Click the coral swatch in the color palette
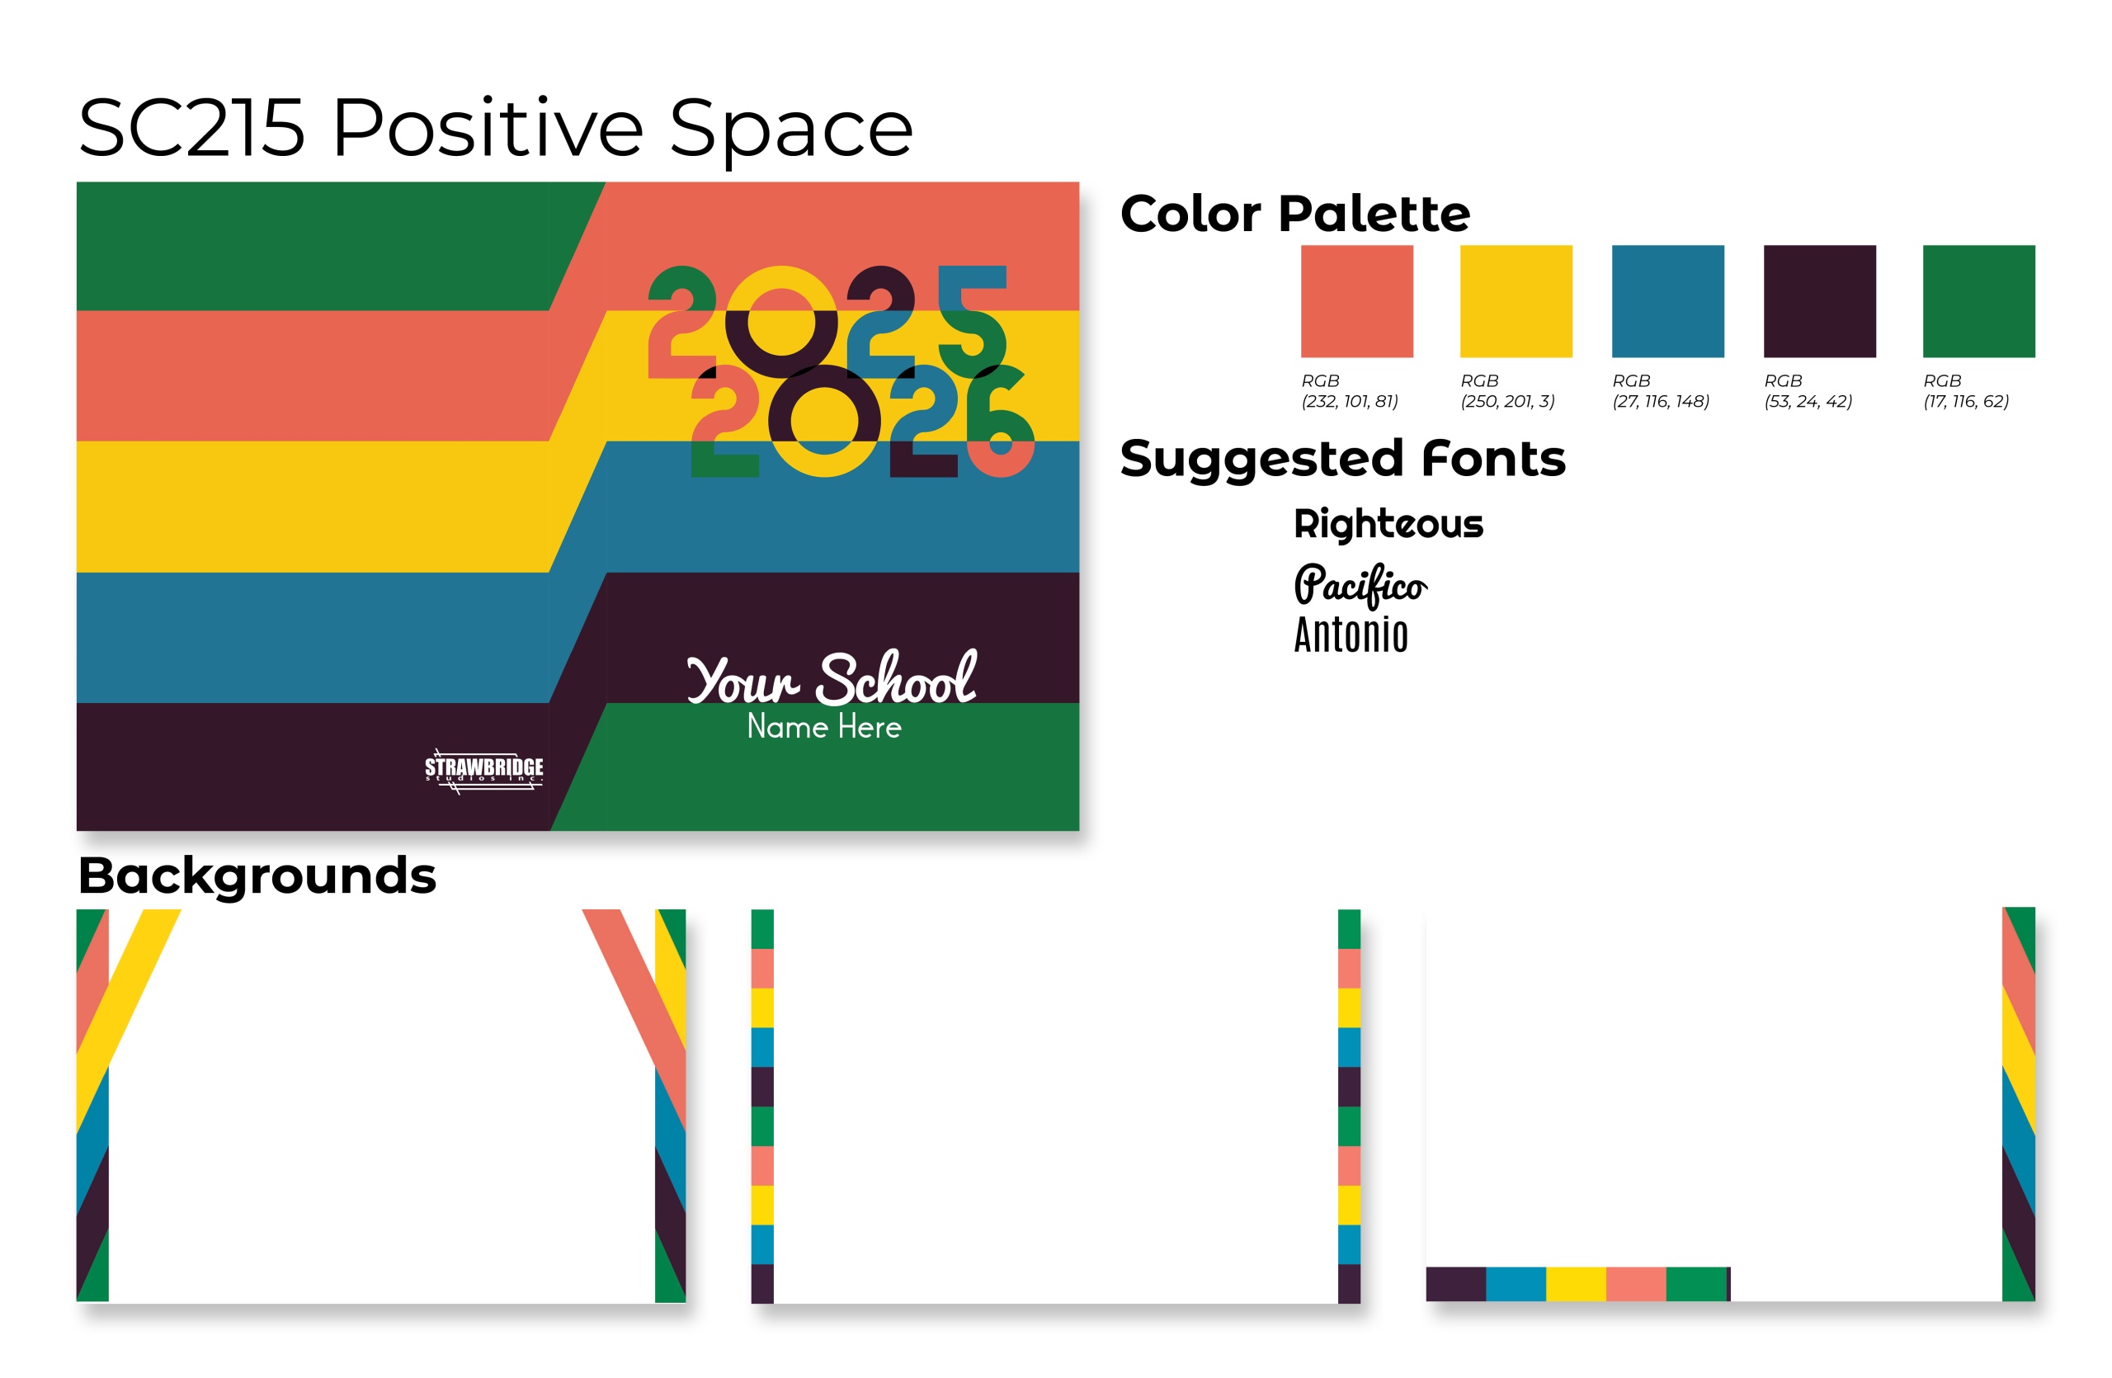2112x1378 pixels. point(1357,301)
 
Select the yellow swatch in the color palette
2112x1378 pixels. point(1516,301)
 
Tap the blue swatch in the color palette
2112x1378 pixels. point(1667,301)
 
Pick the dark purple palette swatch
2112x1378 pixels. point(1819,301)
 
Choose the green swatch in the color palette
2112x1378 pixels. point(1978,301)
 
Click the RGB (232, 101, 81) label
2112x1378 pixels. point(1350,390)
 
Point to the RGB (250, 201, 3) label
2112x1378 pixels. point(1507,390)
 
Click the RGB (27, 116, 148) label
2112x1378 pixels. point(1661,390)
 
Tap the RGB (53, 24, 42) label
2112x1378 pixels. point(1808,390)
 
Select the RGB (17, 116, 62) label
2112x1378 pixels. point(1966,390)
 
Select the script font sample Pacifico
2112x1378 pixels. point(1360,585)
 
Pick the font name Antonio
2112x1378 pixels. point(1351,635)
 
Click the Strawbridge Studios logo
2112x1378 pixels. point(483,770)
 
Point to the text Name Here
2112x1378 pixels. point(823,726)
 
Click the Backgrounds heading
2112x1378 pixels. point(257,876)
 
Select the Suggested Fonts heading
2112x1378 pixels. point(1342,459)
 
